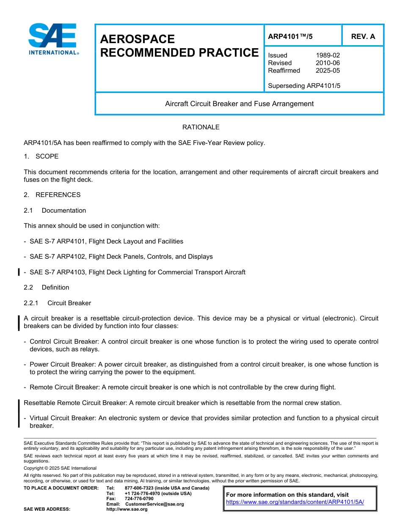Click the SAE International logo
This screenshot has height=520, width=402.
pos(53,39)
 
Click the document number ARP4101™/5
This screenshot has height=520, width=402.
pos(290,36)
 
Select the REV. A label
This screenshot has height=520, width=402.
pos(363,36)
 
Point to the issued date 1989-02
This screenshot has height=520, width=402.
pos(328,55)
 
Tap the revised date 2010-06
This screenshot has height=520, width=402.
pos(328,63)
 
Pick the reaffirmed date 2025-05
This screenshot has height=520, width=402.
pos(328,71)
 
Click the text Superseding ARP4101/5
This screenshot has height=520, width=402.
pos(304,86)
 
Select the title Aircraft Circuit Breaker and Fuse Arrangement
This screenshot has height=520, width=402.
pos(239,104)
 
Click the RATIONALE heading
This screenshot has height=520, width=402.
pos(201,127)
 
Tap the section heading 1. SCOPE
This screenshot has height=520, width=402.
pos(41,156)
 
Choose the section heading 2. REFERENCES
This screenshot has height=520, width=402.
pos(52,195)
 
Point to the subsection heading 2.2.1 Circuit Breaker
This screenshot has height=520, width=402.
pos(57,303)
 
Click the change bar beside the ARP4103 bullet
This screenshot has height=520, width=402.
pos(19,272)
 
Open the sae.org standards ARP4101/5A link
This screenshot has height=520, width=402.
pos(295,502)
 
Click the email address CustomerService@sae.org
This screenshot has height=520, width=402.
pos(154,504)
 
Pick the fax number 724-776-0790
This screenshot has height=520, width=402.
pos(139,499)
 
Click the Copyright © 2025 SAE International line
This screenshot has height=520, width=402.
pos(60,468)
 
